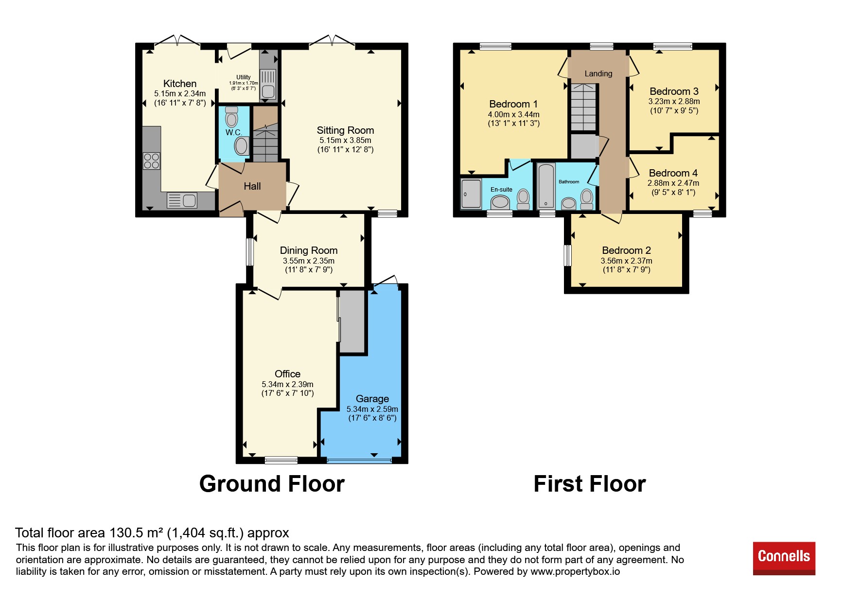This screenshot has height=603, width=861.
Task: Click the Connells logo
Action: [x=784, y=558]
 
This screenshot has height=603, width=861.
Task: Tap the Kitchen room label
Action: [x=180, y=84]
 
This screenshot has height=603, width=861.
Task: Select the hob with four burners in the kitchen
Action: [x=152, y=161]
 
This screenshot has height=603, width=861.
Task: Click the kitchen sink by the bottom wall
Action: [x=182, y=200]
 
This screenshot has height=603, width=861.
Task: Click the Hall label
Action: [x=252, y=186]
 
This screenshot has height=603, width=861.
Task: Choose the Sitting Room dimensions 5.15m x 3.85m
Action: [x=345, y=140]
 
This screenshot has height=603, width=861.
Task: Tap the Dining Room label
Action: [x=309, y=250]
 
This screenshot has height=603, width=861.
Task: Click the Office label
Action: [x=287, y=374]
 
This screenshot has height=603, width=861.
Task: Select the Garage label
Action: [x=372, y=399]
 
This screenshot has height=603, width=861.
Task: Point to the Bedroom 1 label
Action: [x=513, y=104]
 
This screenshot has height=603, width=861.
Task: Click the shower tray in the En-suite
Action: [x=471, y=194]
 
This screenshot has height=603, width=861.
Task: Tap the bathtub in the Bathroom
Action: [x=546, y=186]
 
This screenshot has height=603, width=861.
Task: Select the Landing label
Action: [x=598, y=74]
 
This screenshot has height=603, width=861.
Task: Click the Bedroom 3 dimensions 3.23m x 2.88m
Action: [x=674, y=102]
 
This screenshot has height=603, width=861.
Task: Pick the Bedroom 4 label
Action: [x=673, y=173]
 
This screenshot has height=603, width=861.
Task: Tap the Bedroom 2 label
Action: [x=626, y=250]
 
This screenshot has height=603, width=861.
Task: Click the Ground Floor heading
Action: [x=272, y=484]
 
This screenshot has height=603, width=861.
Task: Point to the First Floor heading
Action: [x=590, y=484]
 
